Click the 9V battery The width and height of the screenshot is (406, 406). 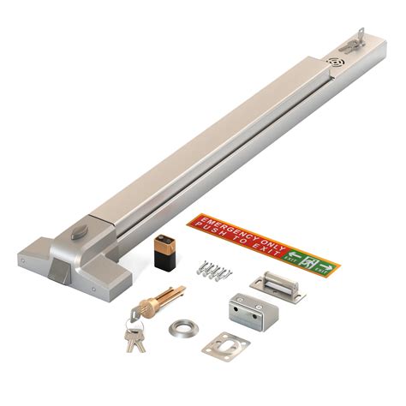coord(163,256)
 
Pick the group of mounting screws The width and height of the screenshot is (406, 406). coord(214,272)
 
